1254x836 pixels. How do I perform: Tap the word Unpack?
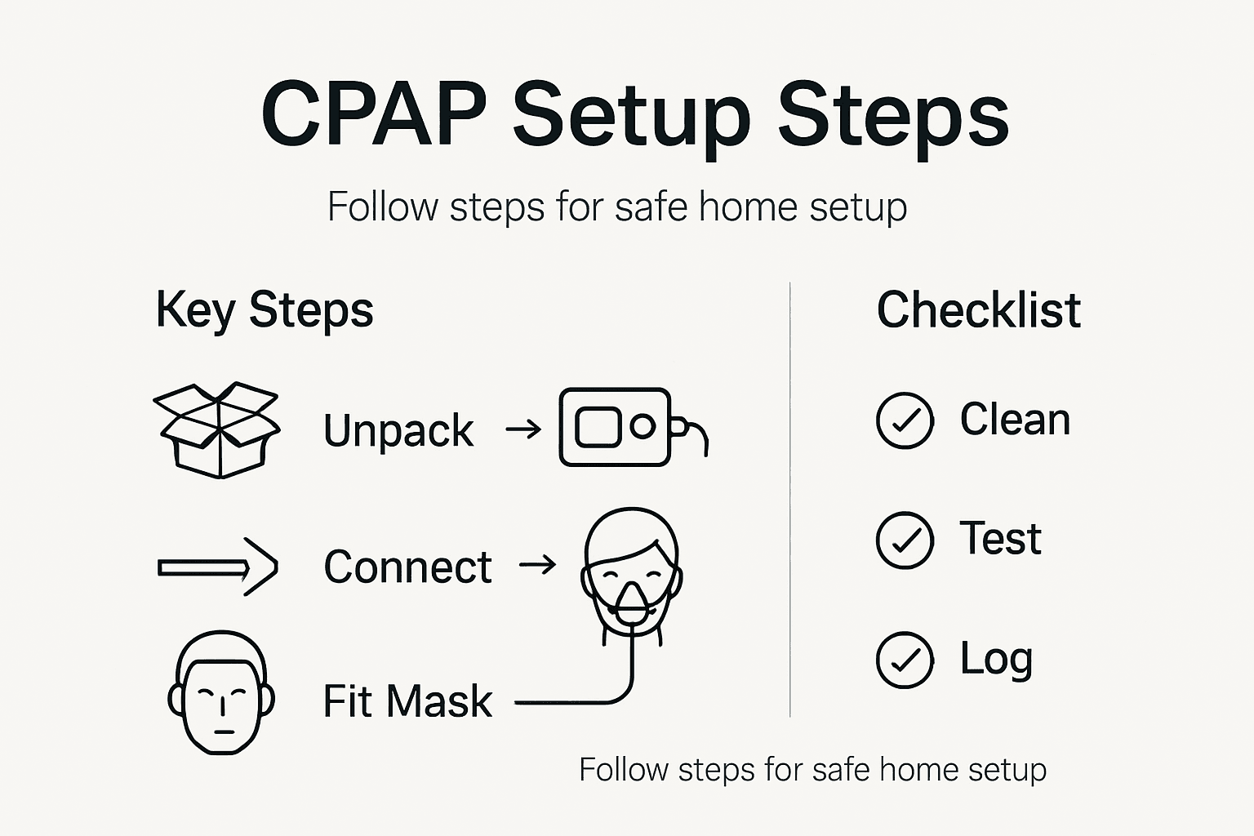[398, 430]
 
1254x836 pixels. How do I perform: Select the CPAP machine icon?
[616, 427]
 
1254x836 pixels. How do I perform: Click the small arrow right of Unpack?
[523, 429]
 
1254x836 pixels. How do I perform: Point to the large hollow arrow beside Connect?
[218, 567]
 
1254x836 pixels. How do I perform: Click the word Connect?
[407, 567]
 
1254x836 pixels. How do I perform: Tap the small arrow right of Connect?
[538, 564]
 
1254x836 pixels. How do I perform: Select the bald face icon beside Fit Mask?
[220, 692]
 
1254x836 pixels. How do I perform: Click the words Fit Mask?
[407, 701]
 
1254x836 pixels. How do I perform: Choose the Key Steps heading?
[264, 310]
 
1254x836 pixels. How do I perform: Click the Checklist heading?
[978, 310]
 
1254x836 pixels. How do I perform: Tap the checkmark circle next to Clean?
[905, 420]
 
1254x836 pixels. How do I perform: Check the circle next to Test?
[905, 540]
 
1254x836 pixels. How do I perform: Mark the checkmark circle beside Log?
[905, 660]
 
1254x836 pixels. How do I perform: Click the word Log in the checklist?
[996, 659]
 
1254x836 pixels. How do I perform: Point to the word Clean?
[1015, 420]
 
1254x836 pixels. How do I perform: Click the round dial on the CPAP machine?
[643, 426]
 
